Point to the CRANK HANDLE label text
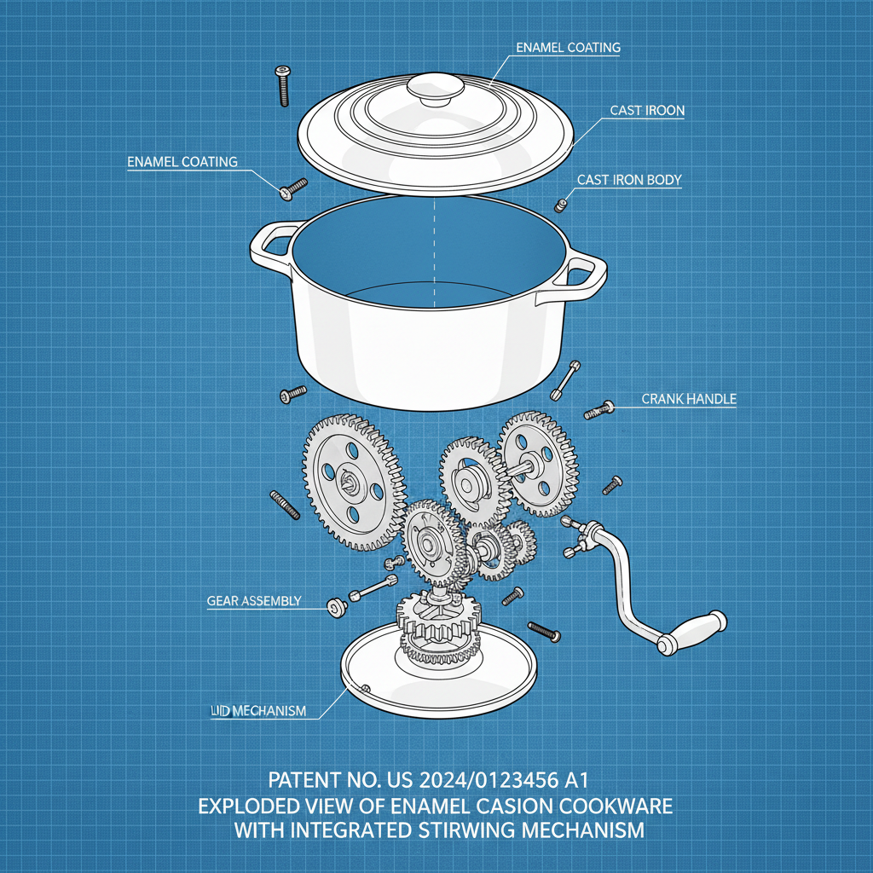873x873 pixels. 688,399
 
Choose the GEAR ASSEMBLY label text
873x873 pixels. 253,601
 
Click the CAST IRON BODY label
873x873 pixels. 628,181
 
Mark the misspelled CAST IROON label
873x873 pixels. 646,111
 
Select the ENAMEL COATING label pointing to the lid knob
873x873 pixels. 568,49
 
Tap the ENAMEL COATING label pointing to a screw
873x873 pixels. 182,162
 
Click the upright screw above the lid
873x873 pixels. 280,85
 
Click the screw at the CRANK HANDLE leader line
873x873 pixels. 598,410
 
